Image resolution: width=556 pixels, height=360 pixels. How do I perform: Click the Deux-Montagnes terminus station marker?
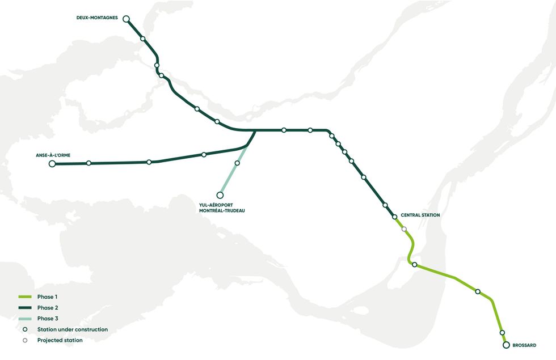pos(127,19)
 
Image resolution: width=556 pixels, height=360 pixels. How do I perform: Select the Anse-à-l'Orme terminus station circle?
pos(52,164)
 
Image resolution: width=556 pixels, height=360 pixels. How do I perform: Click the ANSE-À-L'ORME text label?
pos(53,154)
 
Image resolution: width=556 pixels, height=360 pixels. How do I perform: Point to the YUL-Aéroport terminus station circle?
pos(220,195)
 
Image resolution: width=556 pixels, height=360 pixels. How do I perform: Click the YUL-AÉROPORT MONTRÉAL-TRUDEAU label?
pos(224,207)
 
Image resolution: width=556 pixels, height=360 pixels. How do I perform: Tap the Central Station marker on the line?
pos(394,217)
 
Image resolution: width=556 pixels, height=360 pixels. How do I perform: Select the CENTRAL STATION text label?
pos(420,215)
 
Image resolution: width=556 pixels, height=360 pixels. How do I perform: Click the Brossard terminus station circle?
pos(506,344)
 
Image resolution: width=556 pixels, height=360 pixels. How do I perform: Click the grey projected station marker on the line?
pos(404,229)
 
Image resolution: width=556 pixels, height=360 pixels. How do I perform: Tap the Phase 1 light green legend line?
pos(24,297)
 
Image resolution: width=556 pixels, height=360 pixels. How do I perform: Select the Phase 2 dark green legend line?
pos(24,308)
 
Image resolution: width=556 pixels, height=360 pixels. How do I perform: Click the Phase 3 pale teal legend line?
pos(24,319)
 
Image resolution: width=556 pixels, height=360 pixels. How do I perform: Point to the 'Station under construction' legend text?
pos(72,329)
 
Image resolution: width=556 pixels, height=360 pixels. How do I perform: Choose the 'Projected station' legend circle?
pos(24,340)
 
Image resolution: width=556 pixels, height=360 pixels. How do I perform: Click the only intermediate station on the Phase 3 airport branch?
pos(237,163)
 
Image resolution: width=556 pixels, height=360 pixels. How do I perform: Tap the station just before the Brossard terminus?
pos(502,333)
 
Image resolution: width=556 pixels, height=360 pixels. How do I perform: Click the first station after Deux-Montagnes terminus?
pos(143,39)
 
